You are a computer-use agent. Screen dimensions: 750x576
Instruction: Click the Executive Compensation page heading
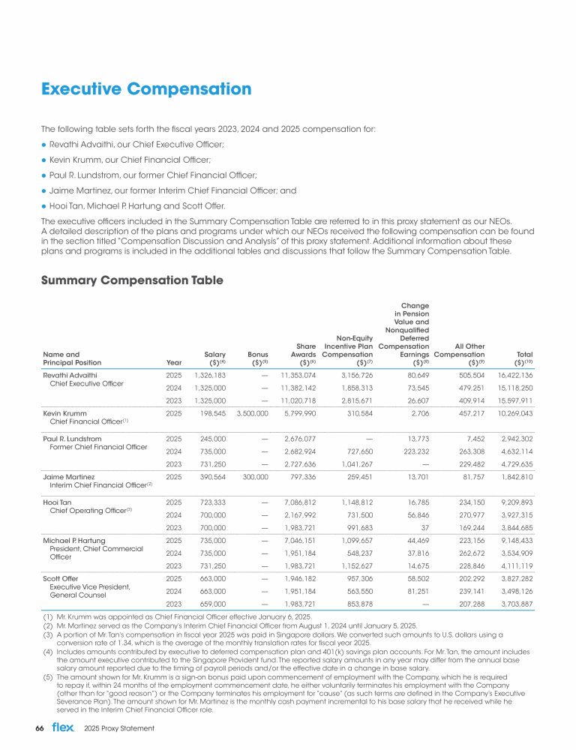(x=146, y=90)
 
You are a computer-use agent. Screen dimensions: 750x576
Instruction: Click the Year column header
(x=173, y=361)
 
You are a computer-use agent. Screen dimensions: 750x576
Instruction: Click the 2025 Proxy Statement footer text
(x=119, y=728)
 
